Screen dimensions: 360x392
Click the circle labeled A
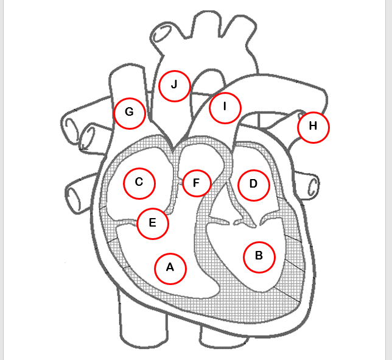point(170,267)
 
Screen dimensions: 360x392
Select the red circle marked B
point(259,256)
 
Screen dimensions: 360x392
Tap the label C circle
point(139,182)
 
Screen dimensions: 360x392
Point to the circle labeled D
point(253,184)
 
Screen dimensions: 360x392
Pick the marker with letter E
point(153,223)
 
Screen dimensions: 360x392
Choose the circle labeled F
point(196,183)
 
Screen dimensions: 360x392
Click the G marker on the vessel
point(129,113)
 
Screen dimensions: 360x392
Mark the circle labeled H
point(313,127)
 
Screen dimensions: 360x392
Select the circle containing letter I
point(225,107)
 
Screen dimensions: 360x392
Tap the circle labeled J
point(174,85)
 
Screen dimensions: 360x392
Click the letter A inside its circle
point(170,267)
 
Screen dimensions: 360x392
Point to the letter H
point(313,127)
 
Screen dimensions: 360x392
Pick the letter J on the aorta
point(174,85)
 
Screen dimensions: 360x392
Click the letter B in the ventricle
point(259,256)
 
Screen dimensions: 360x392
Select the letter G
point(129,113)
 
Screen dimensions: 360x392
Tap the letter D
point(253,184)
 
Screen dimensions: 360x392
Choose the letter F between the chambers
point(196,183)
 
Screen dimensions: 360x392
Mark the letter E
point(153,223)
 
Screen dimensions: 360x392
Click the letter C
point(139,182)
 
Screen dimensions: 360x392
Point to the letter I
point(225,107)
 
